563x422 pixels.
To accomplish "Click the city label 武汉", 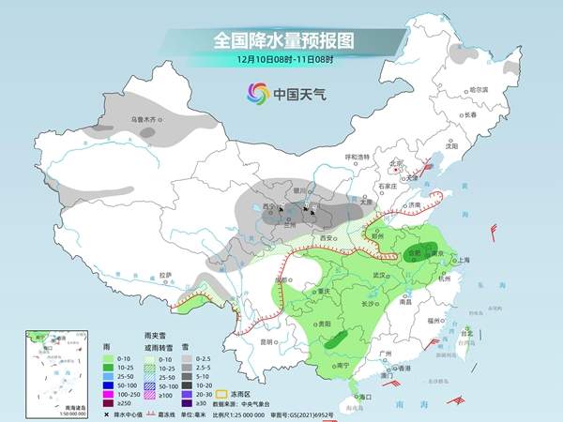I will pos(379,275).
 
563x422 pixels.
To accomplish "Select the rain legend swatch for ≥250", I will pos(109,401).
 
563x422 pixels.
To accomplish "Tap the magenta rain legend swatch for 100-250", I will pos(109,392).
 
